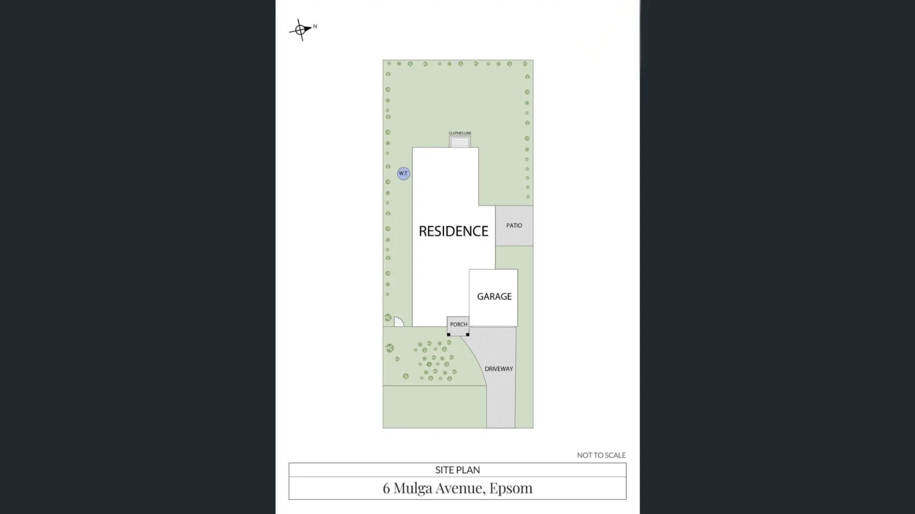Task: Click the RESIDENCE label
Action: pos(453,231)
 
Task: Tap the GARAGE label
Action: pos(494,297)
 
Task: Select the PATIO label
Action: pos(514,226)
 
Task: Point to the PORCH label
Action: pos(458,325)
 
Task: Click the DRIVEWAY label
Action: pos(499,369)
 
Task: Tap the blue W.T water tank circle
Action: pos(404,173)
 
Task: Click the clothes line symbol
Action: pos(460,142)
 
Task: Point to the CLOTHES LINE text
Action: pos(460,133)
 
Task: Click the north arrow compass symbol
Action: pos(300,30)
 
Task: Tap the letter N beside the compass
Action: pos(315,27)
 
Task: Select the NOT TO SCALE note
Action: pos(601,455)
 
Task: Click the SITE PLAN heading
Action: pos(457,470)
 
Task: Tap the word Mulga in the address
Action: pos(413,488)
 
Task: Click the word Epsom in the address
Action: pos(511,488)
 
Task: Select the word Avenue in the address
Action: pos(460,488)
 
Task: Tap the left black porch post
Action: pos(448,335)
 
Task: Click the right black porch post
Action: pos(468,335)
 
